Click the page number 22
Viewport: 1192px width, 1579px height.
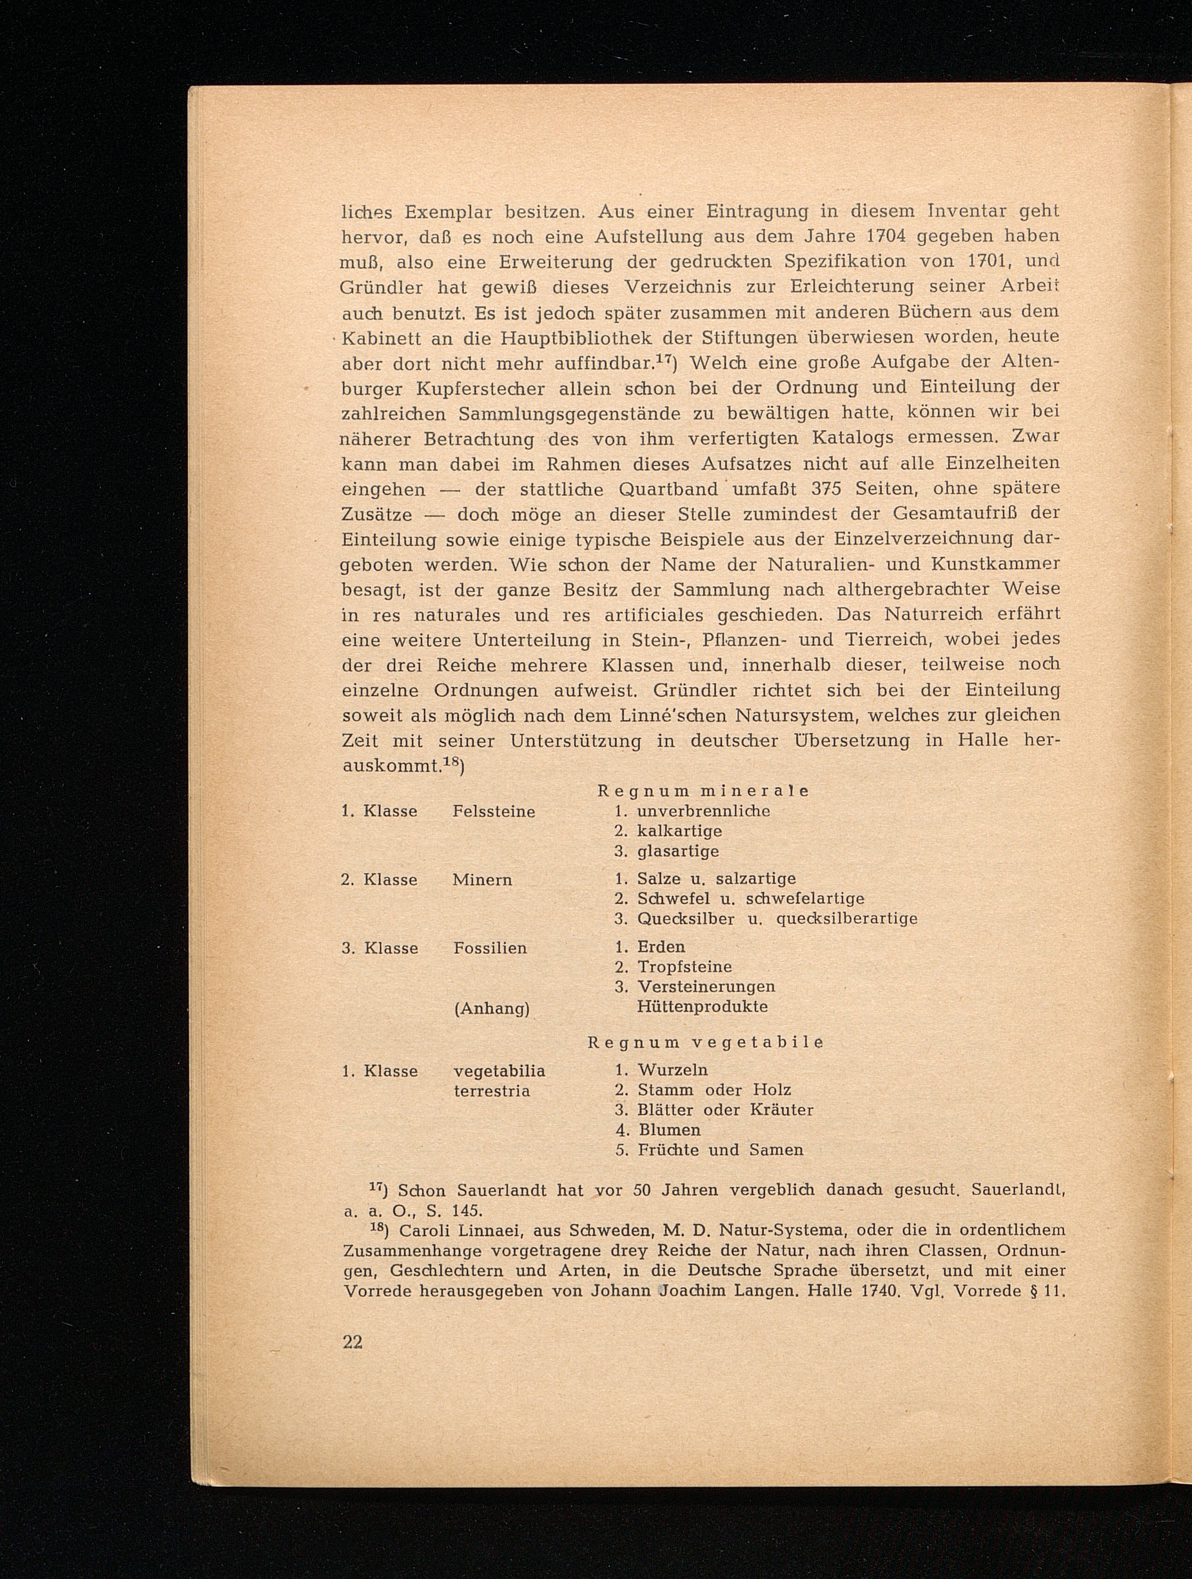click(353, 1343)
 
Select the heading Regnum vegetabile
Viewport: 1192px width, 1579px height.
click(705, 1042)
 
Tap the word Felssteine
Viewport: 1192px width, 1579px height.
click(494, 811)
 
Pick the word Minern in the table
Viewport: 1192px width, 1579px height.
click(482, 880)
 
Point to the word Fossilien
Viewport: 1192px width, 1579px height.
click(490, 949)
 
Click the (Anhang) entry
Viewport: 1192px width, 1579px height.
click(491, 1009)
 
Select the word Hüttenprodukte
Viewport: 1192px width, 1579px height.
click(703, 1006)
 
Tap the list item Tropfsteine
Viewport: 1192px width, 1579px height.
click(685, 967)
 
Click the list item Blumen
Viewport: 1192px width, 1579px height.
click(669, 1130)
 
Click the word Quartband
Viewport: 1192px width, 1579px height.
click(669, 489)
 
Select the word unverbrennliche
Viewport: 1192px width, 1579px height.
click(703, 811)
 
